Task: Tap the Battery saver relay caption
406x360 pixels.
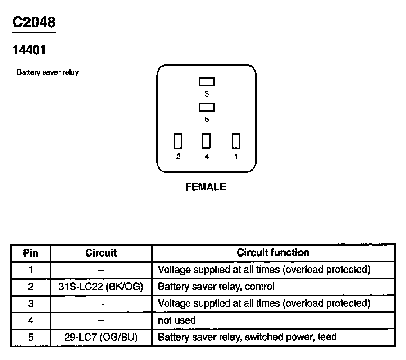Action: [x=48, y=72]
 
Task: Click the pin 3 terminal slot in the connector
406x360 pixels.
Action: [x=207, y=82]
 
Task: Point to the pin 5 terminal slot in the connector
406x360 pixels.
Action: [x=207, y=107]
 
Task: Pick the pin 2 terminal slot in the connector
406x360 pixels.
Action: [x=178, y=141]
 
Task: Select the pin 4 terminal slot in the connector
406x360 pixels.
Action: [x=207, y=141]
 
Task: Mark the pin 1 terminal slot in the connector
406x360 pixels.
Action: [x=236, y=141]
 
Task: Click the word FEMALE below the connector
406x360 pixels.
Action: [x=206, y=187]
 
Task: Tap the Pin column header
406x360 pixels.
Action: [x=31, y=253]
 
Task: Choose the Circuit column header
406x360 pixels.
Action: [x=101, y=253]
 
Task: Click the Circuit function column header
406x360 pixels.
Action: [x=273, y=253]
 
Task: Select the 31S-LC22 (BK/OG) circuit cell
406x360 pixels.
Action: [x=101, y=287]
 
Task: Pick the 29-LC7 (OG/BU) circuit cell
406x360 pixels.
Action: [x=101, y=337]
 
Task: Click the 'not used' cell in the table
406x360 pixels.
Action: [x=177, y=320]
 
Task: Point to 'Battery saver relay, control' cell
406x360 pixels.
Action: [x=216, y=287]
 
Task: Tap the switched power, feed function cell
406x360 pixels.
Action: [x=247, y=337]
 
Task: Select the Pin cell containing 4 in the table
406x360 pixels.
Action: [x=31, y=320]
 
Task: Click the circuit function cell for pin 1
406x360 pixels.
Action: [x=264, y=270]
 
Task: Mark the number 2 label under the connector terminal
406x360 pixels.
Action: [x=178, y=157]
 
